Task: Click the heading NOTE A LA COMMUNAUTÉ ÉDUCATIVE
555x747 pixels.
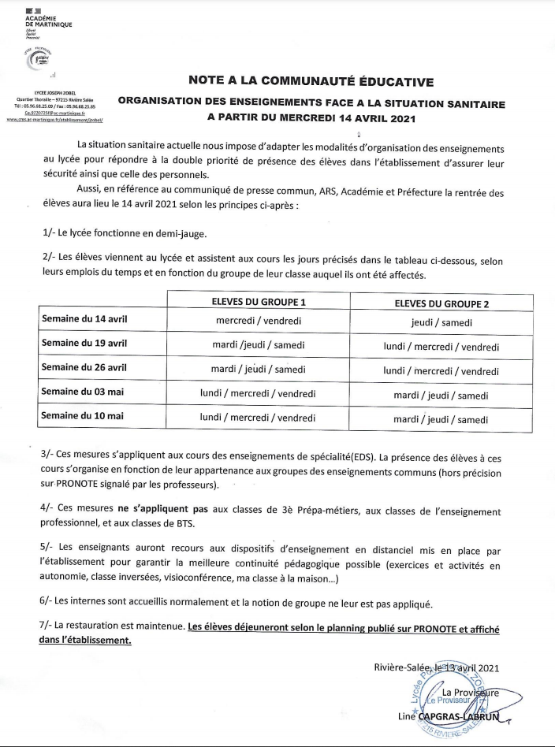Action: [311, 80]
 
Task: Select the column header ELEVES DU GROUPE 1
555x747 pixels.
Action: [259, 303]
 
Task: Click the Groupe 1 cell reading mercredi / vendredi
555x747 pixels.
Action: [259, 321]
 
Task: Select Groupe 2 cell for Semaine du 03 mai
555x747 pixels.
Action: [441, 395]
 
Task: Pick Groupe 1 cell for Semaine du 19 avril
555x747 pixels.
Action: [259, 346]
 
